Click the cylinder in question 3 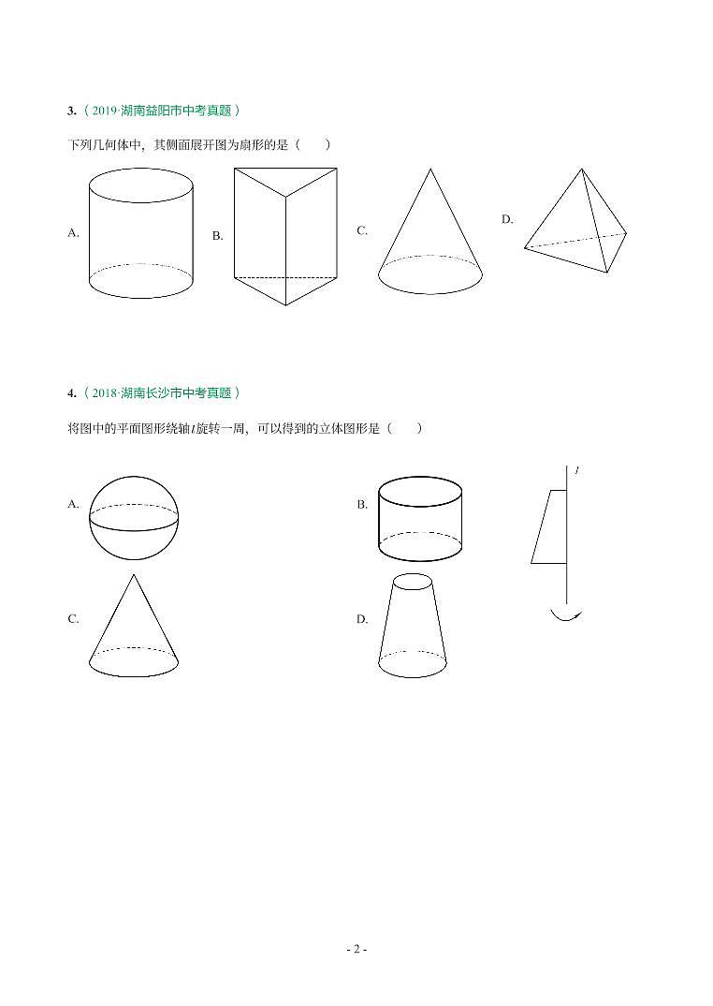(140, 234)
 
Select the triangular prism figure (285, 236)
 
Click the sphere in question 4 (134, 516)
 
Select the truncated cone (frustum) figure (413, 628)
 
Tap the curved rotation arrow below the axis (566, 614)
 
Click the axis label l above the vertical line (577, 470)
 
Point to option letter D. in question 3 (507, 219)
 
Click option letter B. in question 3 (217, 236)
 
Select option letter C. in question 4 (73, 619)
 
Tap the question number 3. (71, 111)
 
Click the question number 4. (71, 393)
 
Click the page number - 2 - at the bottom (356, 950)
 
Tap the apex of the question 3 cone (430, 170)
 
